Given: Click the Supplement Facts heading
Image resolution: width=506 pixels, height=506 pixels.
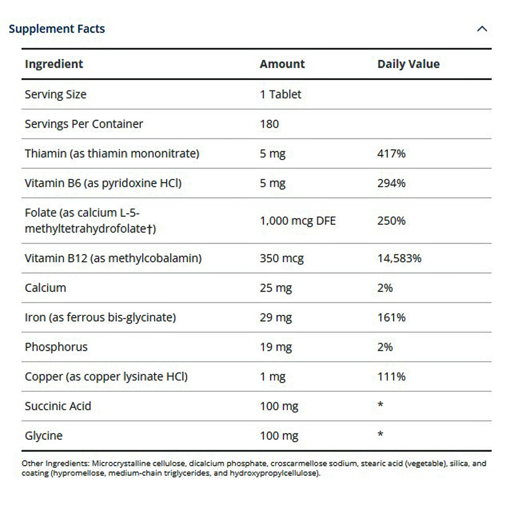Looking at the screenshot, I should click(57, 29).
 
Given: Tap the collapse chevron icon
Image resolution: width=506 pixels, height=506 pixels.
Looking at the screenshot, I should click(482, 29).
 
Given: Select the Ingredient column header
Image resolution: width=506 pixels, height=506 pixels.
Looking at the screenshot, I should click(54, 64).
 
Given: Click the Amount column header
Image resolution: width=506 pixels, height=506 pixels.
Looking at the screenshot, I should click(282, 64).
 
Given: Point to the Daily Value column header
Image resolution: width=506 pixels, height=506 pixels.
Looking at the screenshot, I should click(408, 64).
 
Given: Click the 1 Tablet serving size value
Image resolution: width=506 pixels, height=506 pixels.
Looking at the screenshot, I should click(280, 94).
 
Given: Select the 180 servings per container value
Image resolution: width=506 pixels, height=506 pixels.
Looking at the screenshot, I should click(269, 124).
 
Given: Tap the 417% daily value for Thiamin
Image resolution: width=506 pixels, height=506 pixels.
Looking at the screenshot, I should click(391, 154).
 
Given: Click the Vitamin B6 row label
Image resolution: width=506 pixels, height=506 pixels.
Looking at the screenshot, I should click(103, 183).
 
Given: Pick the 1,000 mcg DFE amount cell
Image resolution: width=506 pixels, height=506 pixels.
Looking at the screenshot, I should click(297, 221).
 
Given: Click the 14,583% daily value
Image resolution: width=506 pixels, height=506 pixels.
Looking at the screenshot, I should click(399, 258).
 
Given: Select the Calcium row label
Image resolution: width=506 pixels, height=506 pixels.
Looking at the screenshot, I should click(45, 288).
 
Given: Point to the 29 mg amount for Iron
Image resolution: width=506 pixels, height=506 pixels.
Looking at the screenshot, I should click(276, 317).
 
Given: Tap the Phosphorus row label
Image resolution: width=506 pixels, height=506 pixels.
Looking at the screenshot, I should click(56, 347).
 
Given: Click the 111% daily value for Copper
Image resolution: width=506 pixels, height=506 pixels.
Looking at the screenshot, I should click(391, 377).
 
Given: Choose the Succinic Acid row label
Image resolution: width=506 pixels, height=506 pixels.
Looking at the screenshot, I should click(58, 406).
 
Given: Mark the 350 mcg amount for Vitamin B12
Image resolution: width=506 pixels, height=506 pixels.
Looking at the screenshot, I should click(282, 258).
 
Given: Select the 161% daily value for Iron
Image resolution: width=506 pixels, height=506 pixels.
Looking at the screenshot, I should click(391, 317).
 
